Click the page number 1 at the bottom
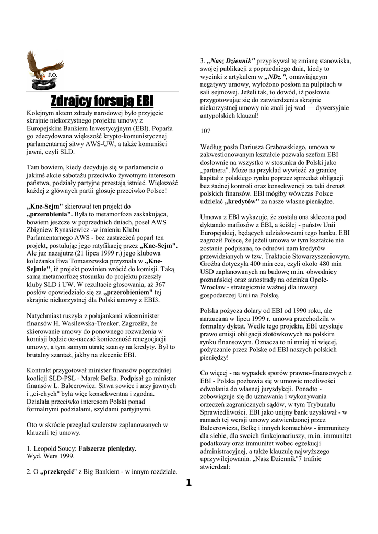click(x=188, y=482)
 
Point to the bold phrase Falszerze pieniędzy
click(x=107, y=448)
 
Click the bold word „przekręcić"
click(x=58, y=472)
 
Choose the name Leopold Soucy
click(x=55, y=448)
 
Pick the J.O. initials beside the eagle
click(x=52, y=75)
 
